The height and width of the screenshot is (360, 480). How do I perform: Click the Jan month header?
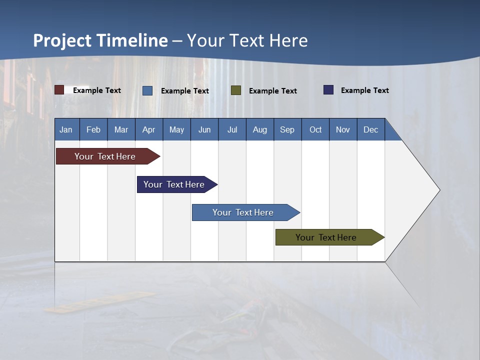66,129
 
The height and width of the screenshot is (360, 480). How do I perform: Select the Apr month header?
149,129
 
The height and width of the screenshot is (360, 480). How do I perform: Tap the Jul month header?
232,129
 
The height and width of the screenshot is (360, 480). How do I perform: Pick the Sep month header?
287,129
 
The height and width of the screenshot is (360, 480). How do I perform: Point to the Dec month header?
370,129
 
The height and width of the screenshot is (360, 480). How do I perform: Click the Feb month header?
93,129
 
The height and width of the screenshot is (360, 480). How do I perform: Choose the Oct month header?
315,129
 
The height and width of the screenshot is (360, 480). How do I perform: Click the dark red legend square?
59,90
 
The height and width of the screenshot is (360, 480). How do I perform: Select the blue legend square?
147,90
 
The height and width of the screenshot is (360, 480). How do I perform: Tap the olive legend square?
236,90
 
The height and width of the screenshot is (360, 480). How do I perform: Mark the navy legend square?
328,90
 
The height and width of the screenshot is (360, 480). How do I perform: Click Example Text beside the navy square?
364,90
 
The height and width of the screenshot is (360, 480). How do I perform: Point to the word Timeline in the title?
132,40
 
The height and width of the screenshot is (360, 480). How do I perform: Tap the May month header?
176,129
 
